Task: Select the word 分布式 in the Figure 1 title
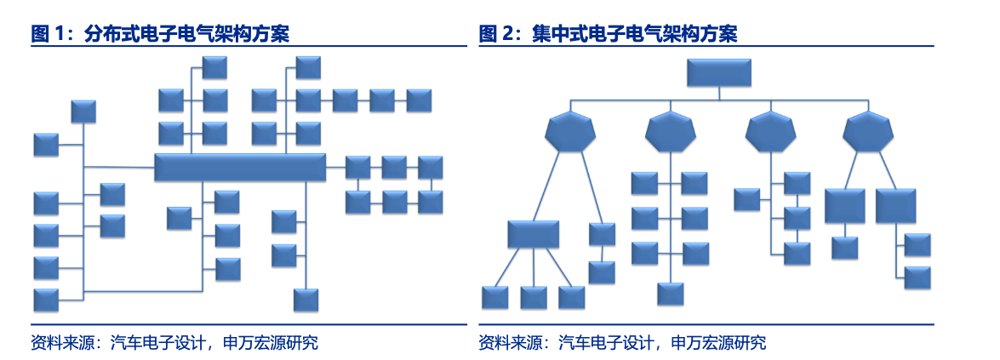(x=112, y=34)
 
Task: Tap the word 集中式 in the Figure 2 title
(x=559, y=34)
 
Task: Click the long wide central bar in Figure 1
(x=239, y=168)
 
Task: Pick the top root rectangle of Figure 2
(x=719, y=73)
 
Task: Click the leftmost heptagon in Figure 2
(x=570, y=131)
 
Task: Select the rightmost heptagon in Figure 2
(x=869, y=131)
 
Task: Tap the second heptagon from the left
(x=671, y=131)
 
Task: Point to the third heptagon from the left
(x=770, y=131)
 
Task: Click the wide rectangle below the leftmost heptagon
(x=533, y=234)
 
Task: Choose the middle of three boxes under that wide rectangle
(x=534, y=297)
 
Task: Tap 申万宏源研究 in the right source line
(x=719, y=343)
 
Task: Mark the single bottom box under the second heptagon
(x=671, y=294)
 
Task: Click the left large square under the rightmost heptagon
(x=844, y=206)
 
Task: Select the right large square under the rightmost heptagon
(x=896, y=206)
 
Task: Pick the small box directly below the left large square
(x=844, y=248)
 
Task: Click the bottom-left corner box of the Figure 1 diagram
(x=46, y=300)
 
